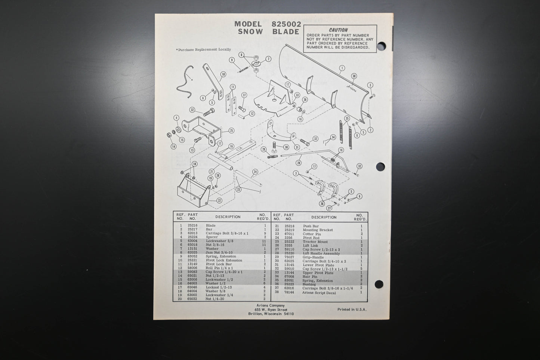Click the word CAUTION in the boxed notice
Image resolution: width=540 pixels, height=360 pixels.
tap(338, 30)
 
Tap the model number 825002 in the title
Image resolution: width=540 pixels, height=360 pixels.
tap(283, 24)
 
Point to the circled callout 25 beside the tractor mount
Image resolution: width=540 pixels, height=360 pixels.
tap(231, 130)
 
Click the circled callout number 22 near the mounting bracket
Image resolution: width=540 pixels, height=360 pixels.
tap(219, 200)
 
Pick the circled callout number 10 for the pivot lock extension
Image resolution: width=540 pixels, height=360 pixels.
tap(223, 74)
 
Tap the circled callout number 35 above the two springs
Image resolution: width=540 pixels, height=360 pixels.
tap(347, 119)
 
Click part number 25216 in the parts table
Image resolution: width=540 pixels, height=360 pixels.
tap(192, 225)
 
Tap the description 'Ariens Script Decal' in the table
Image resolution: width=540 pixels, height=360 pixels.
tap(319, 293)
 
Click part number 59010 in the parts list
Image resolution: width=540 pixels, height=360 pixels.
tap(290, 269)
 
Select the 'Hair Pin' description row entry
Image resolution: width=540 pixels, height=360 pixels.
tap(310, 277)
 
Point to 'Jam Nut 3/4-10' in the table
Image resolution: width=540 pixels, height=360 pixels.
tap(219, 252)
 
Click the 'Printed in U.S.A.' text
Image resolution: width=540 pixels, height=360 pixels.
tap(352, 310)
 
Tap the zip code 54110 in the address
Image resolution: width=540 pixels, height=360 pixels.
tap(288, 314)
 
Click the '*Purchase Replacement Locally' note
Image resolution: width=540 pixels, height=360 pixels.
tap(203, 49)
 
